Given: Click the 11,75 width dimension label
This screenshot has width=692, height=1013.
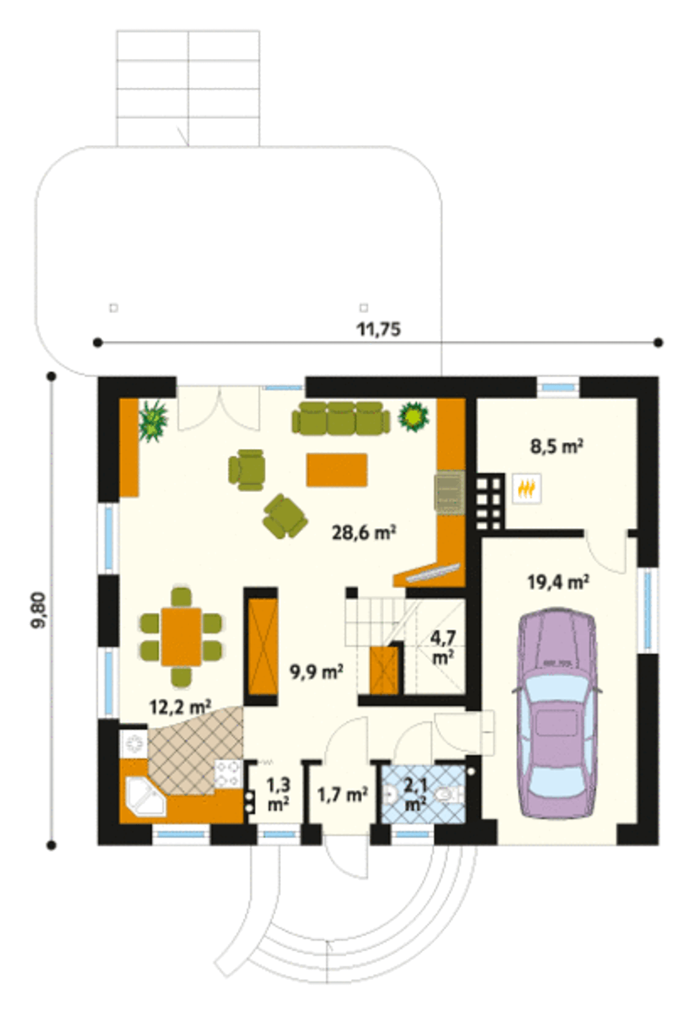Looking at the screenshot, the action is [378, 329].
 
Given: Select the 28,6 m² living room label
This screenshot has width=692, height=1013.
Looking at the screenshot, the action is [364, 533].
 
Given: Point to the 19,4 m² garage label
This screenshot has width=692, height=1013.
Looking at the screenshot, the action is [558, 582].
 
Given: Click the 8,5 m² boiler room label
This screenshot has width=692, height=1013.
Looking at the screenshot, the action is [556, 447].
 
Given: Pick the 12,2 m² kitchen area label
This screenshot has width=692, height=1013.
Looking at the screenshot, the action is [179, 706].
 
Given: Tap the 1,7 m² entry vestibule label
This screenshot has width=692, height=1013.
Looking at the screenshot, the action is [342, 794].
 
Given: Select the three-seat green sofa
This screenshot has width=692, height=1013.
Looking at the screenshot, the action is [341, 418].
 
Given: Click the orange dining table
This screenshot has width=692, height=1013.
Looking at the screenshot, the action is [181, 637].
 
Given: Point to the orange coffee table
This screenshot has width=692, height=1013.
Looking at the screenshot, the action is [337, 470].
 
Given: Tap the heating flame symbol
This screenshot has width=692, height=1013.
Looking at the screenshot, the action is [527, 489].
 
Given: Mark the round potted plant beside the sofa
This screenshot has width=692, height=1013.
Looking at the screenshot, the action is [414, 416].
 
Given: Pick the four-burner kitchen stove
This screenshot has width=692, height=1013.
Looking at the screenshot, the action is [228, 773].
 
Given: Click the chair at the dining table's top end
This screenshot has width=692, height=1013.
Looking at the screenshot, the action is [181, 597].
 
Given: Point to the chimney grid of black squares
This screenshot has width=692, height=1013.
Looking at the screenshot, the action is [490, 502].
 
